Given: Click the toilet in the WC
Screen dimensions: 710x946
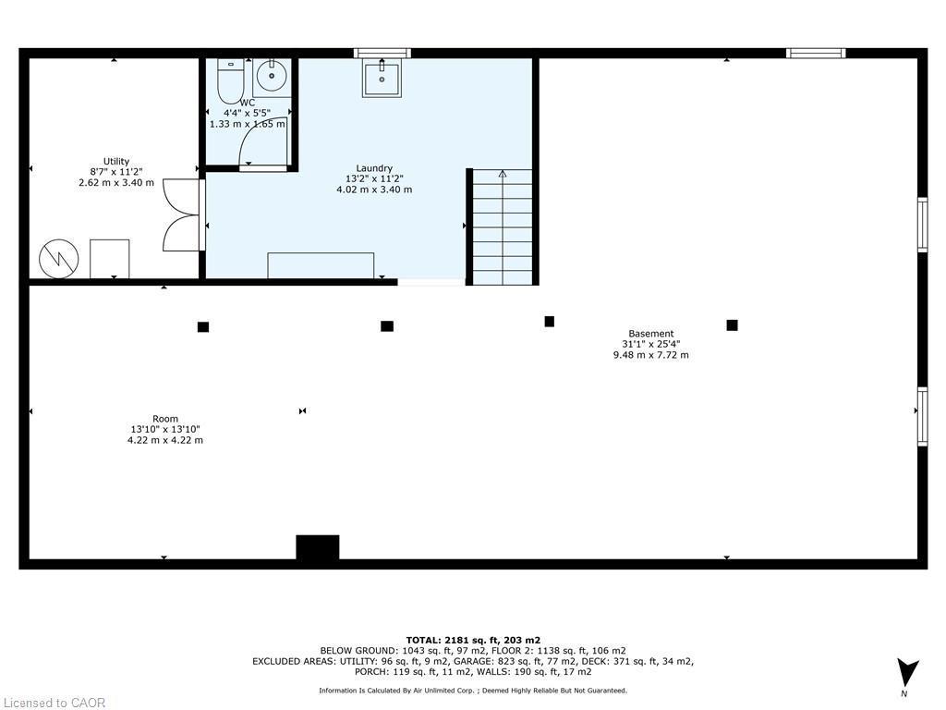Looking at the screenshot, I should coord(230,81).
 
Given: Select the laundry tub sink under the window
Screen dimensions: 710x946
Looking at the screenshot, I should coord(382,80).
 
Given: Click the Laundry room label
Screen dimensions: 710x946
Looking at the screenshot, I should coord(374,168).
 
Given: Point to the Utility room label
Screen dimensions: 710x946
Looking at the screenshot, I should coord(116,161).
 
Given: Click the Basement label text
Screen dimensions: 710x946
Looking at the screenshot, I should coord(651,334).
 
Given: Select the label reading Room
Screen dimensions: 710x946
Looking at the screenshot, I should coord(165,419).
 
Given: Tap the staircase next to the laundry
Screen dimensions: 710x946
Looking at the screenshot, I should coord(503,227).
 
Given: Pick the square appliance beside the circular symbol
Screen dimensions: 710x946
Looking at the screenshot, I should coord(109,258).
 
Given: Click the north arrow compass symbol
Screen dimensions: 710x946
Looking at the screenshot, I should coord(908,674).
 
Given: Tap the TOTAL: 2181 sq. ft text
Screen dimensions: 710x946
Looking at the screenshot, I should coord(473,640).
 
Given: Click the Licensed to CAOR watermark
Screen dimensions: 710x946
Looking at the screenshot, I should coord(54,703).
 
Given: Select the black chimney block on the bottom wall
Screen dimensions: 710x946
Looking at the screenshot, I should coord(317,547).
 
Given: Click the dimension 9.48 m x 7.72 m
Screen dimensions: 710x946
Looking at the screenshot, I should coord(651,355).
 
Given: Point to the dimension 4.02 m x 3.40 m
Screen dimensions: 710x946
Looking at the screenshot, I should coord(374,190).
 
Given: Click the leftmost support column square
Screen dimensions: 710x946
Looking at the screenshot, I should coord(203,326).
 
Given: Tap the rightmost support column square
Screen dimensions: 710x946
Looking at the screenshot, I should coord(732,324).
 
